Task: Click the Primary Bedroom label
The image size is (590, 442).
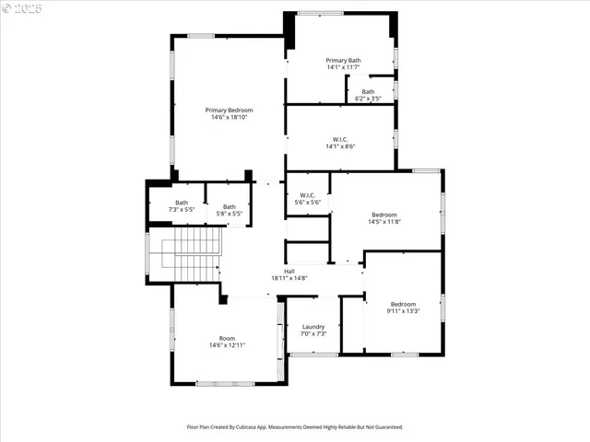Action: tap(229, 110)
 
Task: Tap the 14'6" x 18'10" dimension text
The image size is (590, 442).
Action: tap(229, 117)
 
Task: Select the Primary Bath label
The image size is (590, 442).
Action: tap(343, 60)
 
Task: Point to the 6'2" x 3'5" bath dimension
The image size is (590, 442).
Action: tap(368, 99)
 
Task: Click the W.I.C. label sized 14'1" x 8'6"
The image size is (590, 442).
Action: tap(340, 139)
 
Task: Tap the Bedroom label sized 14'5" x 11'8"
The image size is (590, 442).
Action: tap(383, 215)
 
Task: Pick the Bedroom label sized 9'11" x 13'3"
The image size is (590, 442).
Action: tap(403, 304)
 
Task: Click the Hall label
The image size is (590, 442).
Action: tap(289, 271)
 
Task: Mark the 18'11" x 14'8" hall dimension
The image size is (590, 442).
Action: tap(289, 278)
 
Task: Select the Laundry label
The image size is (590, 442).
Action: tap(313, 326)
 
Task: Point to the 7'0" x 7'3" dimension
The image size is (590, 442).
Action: tap(313, 333)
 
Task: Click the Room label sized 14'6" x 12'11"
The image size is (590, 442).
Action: tap(227, 338)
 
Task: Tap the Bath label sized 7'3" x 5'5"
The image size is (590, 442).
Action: tap(182, 203)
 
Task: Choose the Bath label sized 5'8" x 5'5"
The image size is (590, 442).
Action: tap(229, 206)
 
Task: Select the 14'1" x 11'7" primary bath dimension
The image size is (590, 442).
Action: tap(343, 67)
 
